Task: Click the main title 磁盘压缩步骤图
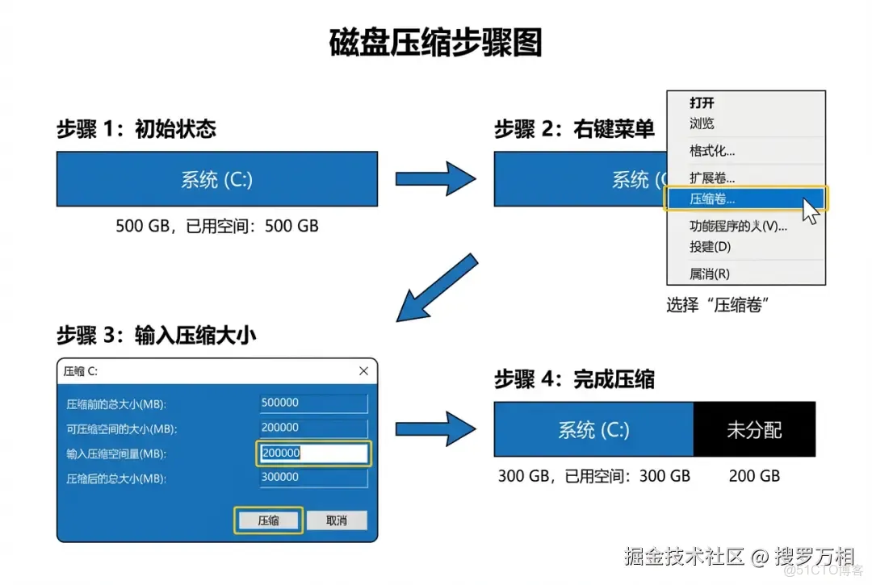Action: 435,43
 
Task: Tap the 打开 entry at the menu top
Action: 702,102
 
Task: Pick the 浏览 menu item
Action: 702,123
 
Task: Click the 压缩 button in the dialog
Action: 268,520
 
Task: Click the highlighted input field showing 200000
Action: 313,453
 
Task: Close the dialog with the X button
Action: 363,371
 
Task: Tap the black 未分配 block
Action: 754,430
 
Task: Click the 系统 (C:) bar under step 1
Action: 216,179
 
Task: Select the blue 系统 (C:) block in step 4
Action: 593,430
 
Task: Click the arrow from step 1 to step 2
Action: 435,178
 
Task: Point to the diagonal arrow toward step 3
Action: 435,287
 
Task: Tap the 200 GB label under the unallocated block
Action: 754,476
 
